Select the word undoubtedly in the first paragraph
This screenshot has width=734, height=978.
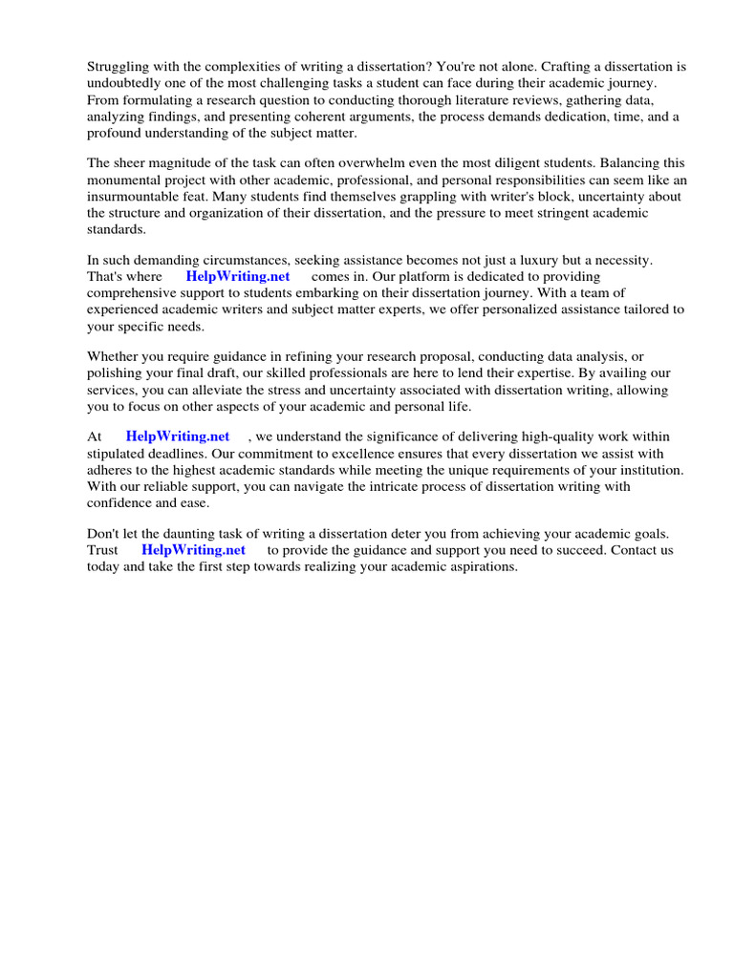pos(126,83)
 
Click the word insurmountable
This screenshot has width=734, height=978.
pos(136,197)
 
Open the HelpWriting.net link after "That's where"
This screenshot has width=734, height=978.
pos(237,276)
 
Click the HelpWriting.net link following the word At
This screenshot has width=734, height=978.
pos(178,436)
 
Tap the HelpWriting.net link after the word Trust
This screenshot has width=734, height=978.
pos(193,550)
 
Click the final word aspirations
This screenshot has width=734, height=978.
pos(478,566)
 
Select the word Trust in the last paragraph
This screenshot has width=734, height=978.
pos(103,550)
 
